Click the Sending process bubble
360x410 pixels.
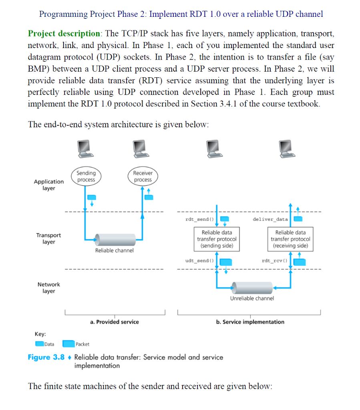[86, 177]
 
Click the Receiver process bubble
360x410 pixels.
[143, 177]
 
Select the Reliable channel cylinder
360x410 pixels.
[114, 239]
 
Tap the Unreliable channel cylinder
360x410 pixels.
[251, 287]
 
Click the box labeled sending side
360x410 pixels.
[217, 239]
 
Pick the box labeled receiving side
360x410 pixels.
[290, 239]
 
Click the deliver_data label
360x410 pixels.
[270, 219]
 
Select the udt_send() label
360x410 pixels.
[197, 261]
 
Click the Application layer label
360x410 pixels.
[48, 185]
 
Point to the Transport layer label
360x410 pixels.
[48, 239]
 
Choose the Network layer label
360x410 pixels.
[48, 287]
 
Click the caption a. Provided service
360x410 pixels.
[115, 322]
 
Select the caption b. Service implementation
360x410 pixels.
[250, 322]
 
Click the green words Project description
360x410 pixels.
[64, 33]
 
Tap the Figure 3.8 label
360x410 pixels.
[46, 357]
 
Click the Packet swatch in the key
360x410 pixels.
[68, 344]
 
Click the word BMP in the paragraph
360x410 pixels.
[37, 69]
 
